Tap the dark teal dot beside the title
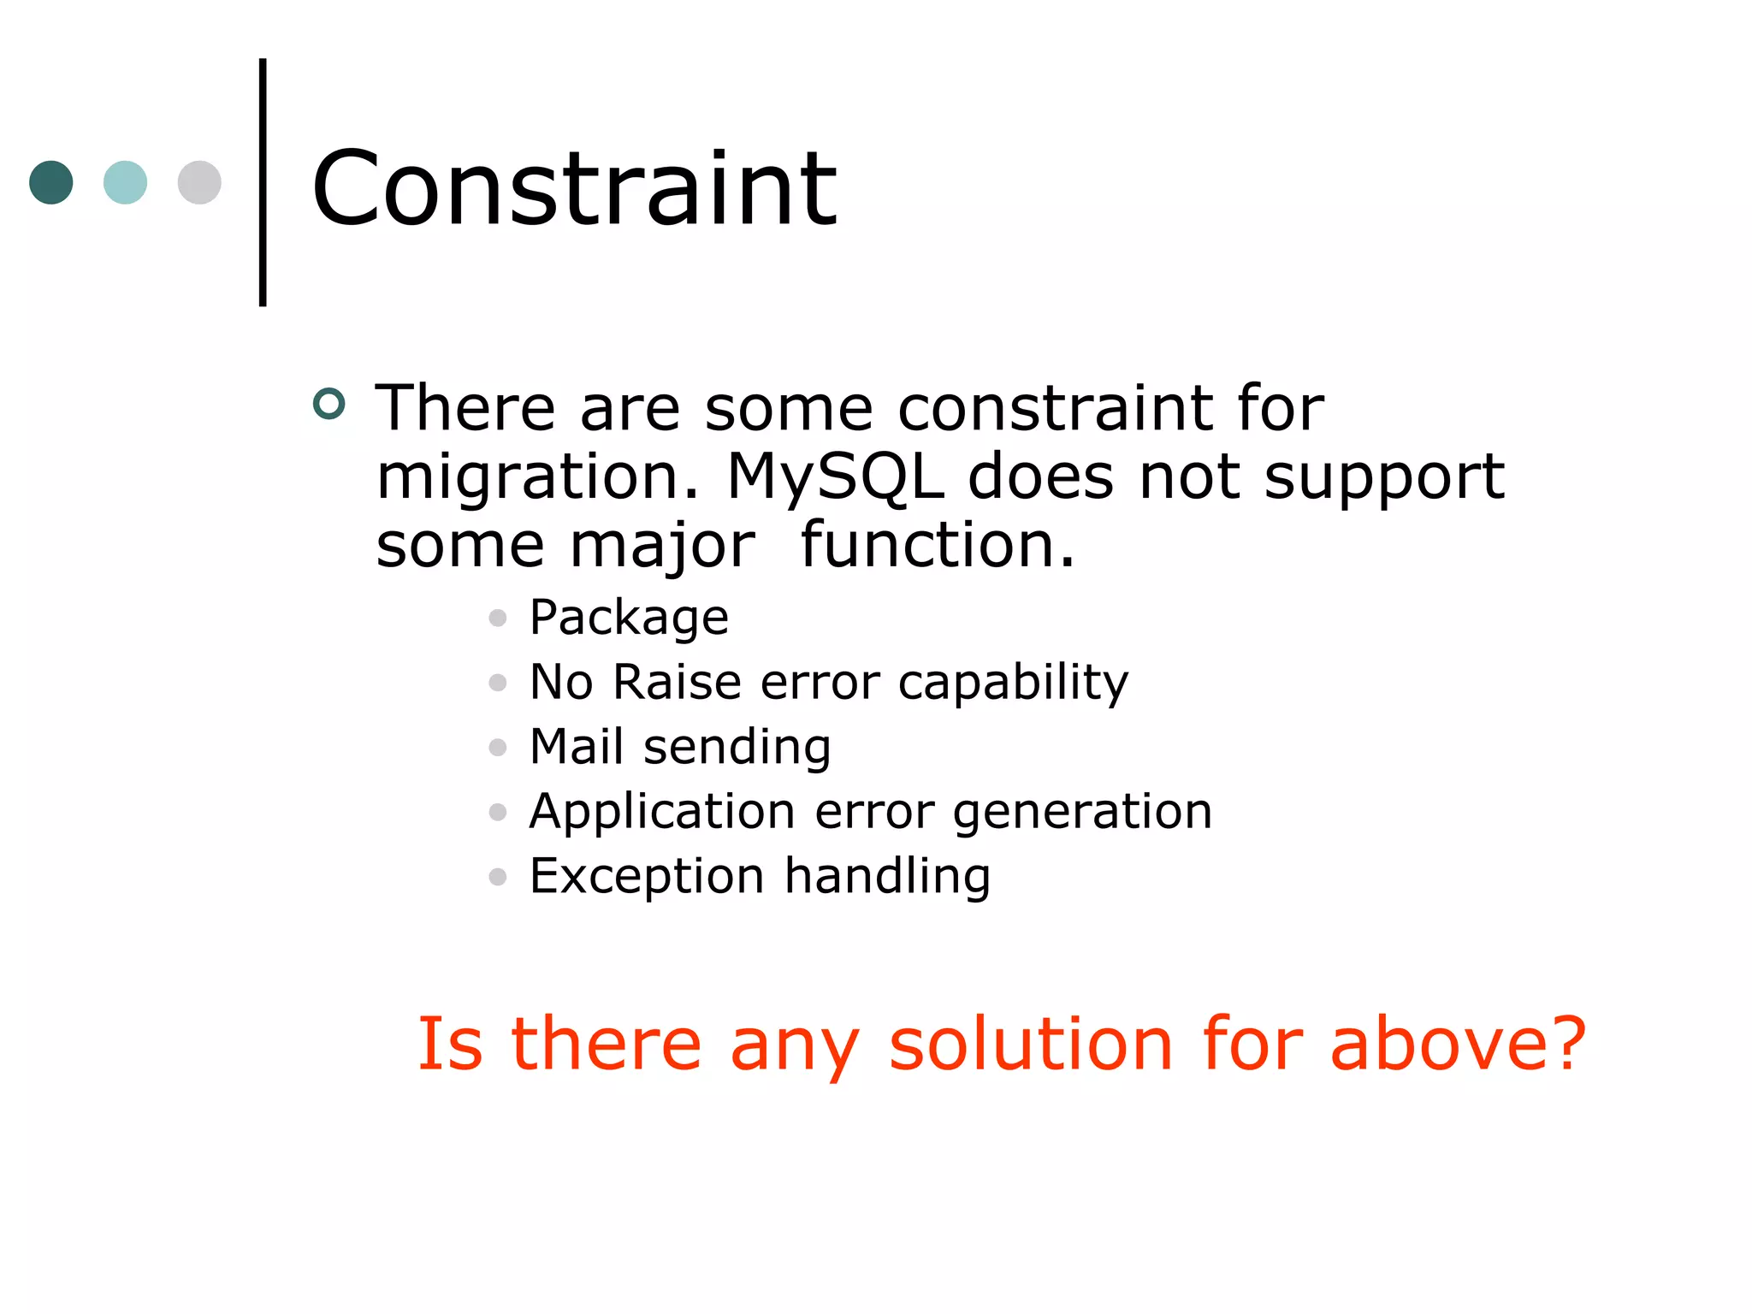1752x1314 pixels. pyautogui.click(x=51, y=182)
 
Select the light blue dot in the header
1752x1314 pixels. pyautogui.click(x=125, y=182)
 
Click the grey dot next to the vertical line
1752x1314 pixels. pyautogui.click(x=199, y=182)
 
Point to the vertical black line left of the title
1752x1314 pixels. pyautogui.click(x=263, y=182)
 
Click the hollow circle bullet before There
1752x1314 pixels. pyautogui.click(x=329, y=404)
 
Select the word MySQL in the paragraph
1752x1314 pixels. pyautogui.click(x=835, y=476)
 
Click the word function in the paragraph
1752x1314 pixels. pyautogui.click(x=937, y=545)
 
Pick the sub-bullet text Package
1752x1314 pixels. pyautogui.click(x=629, y=619)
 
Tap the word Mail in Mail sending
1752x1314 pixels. pyautogui.click(x=576, y=747)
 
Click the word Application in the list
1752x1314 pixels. pyautogui.click(x=662, y=813)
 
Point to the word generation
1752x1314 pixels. pyautogui.click(x=1082, y=813)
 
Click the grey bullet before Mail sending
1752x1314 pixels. pyautogui.click(x=498, y=748)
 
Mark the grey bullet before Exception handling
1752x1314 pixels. pyautogui.click(x=498, y=877)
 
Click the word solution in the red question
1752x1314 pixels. pyautogui.click(x=1031, y=1044)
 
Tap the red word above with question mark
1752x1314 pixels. pyautogui.click(x=1458, y=1044)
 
